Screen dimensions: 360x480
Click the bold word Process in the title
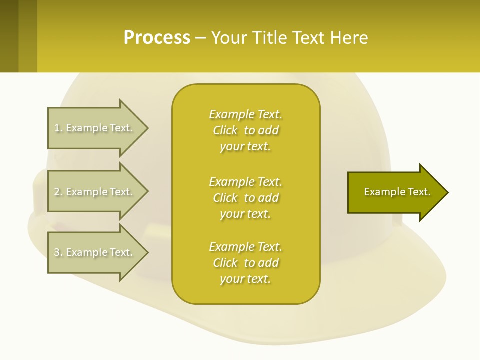pos(157,38)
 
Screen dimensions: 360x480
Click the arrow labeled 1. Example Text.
pos(95,128)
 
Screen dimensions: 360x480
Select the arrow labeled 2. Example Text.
pos(95,192)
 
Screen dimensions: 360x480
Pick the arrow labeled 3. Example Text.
pos(95,252)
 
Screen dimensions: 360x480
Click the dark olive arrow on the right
pos(395,192)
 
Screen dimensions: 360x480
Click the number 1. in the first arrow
pos(58,128)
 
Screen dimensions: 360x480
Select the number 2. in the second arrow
pos(58,192)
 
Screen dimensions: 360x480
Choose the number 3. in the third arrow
pos(58,252)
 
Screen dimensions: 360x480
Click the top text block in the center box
pos(245,130)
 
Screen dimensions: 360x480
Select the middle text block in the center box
pos(245,198)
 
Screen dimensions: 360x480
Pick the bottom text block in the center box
pos(245,263)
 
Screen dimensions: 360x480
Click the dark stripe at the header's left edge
pos(9,36)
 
